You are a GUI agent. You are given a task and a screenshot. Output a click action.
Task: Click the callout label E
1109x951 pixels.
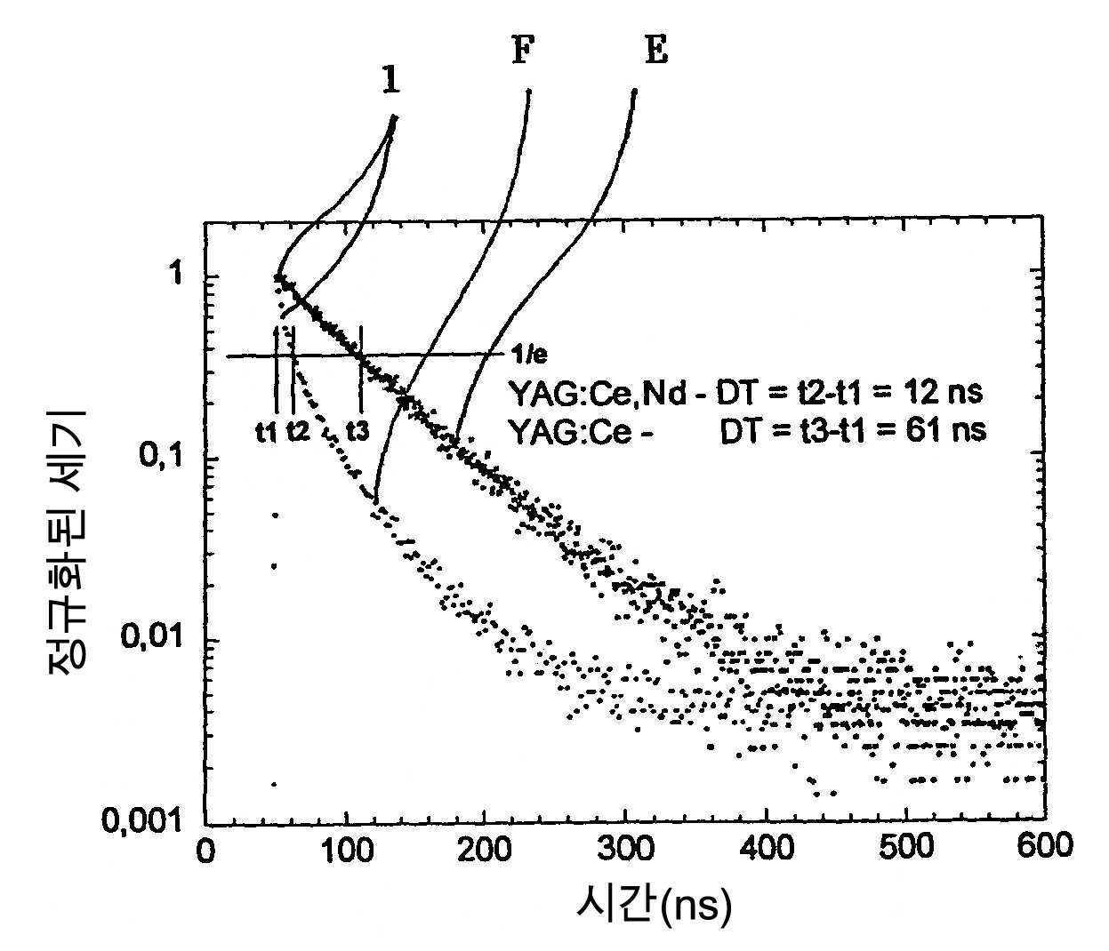coord(655,52)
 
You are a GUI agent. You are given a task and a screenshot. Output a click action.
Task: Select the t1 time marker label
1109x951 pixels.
coord(266,432)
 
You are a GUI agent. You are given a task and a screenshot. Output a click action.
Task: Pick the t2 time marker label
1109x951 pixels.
coord(298,432)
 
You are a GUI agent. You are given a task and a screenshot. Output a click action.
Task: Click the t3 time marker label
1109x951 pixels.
coord(358,432)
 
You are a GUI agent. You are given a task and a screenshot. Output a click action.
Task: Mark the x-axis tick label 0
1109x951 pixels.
coord(205,849)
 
